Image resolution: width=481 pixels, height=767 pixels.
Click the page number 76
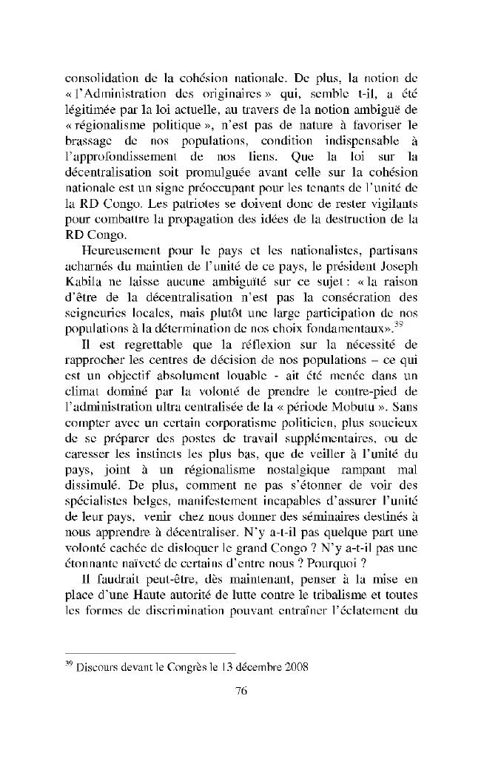click(240, 692)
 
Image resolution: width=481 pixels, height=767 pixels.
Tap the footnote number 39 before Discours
click(70, 662)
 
